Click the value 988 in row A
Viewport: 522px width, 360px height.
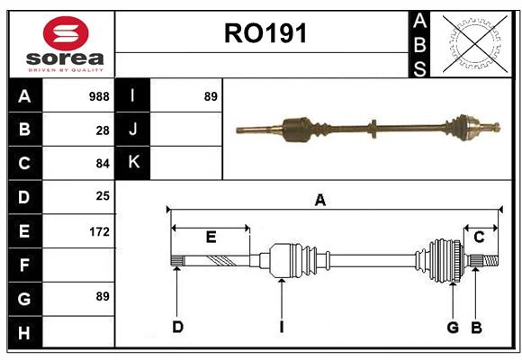point(98,96)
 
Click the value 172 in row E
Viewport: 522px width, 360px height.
point(98,231)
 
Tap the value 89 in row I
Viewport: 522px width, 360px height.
point(211,96)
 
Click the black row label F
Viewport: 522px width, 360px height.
point(24,265)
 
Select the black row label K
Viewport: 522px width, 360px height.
point(133,163)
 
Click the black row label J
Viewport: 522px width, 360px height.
point(133,130)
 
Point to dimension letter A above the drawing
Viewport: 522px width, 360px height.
point(319,201)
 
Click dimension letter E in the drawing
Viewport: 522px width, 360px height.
point(211,238)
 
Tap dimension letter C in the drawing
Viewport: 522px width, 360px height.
point(479,238)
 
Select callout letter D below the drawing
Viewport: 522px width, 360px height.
point(177,327)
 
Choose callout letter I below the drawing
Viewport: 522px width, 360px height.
point(281,327)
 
